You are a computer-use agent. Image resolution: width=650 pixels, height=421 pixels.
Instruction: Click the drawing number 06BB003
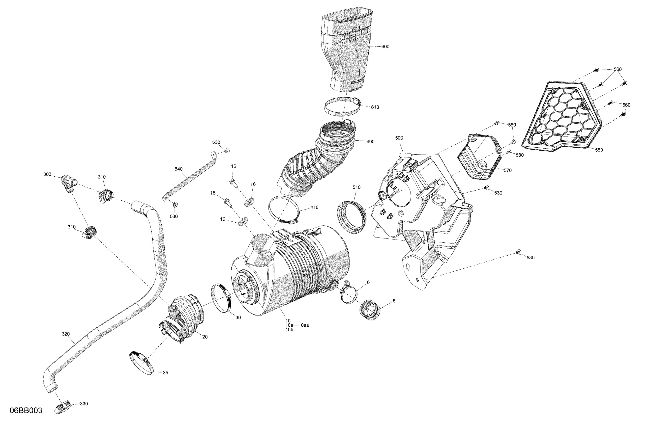26,411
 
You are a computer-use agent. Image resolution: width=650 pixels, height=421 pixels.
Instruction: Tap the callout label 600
385,47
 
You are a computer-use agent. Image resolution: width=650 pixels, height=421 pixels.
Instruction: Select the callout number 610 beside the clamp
375,107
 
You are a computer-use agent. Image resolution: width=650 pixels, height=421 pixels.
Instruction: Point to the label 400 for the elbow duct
370,142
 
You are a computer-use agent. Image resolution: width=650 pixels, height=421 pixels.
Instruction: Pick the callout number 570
507,170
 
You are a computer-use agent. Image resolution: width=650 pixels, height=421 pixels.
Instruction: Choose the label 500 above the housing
399,138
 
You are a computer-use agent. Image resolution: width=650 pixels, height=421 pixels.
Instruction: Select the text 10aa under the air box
304,325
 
